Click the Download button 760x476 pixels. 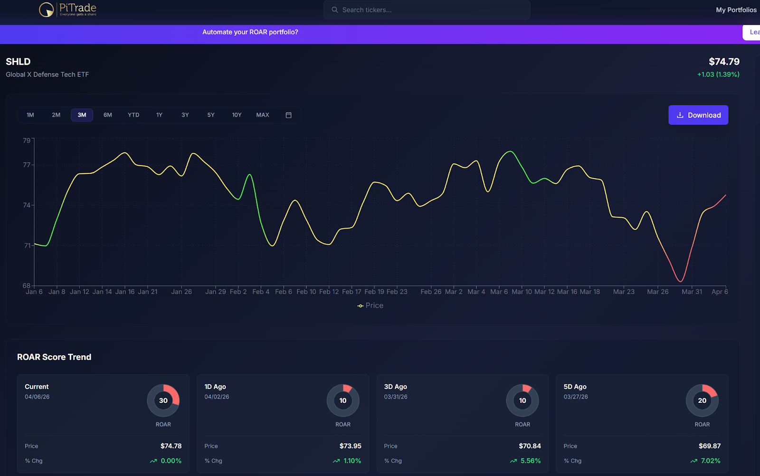pyautogui.click(x=698, y=115)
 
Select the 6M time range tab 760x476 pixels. pyautogui.click(x=108, y=115)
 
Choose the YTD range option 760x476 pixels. pyautogui.click(x=133, y=115)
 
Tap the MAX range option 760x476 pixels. pyautogui.click(x=262, y=115)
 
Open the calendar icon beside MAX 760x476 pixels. pyautogui.click(x=288, y=115)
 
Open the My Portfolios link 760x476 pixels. pyautogui.click(x=736, y=10)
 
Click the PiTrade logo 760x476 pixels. pyautogui.click(x=68, y=10)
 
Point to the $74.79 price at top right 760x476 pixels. pyautogui.click(x=724, y=62)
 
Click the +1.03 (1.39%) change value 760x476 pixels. pyautogui.click(x=718, y=75)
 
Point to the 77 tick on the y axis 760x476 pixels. pyautogui.click(x=27, y=165)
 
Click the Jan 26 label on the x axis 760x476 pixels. pyautogui.click(x=181, y=292)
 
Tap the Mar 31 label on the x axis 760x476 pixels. pyautogui.click(x=692, y=292)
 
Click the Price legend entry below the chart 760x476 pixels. pyautogui.click(x=370, y=305)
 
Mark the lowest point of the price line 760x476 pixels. pyautogui.click(x=681, y=281)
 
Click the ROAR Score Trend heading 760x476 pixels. pyautogui.click(x=54, y=357)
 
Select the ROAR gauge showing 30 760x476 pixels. pyautogui.click(x=163, y=400)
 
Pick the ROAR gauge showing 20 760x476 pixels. pyautogui.click(x=702, y=400)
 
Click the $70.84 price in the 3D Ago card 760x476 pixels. pyautogui.click(x=530, y=446)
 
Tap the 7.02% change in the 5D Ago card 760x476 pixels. pyautogui.click(x=710, y=461)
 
